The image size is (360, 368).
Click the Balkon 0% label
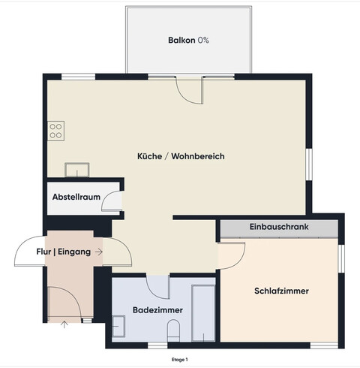(x=188, y=40)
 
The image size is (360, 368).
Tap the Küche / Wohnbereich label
(x=181, y=156)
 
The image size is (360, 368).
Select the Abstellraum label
(x=76, y=198)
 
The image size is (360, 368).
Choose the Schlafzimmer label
(x=282, y=291)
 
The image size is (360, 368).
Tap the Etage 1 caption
(x=180, y=360)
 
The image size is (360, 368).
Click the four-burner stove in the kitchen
(x=56, y=132)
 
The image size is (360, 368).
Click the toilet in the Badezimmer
(x=174, y=330)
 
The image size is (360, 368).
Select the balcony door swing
(x=189, y=92)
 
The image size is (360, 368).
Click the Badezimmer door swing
(x=159, y=286)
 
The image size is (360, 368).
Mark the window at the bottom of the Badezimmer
(x=157, y=345)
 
